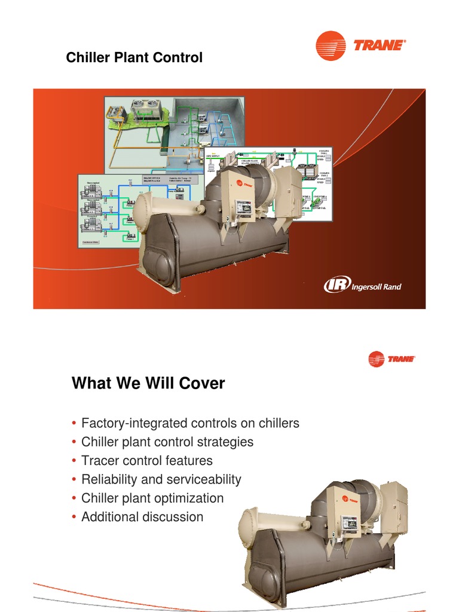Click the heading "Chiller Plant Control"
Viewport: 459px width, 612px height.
point(134,58)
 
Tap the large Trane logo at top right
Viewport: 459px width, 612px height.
point(360,45)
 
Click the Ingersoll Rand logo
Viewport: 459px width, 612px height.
point(362,286)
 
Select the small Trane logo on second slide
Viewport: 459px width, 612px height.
point(391,359)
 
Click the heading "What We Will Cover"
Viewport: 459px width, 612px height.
point(148,383)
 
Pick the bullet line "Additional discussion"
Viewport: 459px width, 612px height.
point(142,516)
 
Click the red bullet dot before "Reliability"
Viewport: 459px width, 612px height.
point(74,479)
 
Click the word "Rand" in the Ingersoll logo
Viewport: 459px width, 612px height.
point(391,287)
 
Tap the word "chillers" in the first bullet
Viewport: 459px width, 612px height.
point(277,424)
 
